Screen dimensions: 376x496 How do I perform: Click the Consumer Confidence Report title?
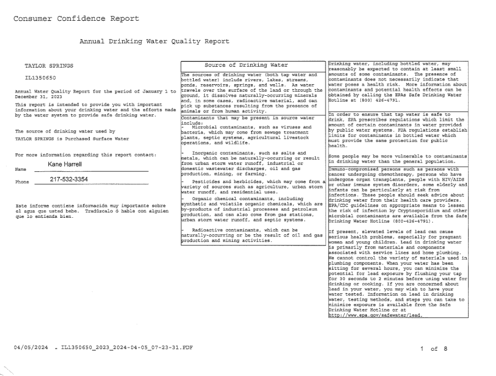coord(76,19)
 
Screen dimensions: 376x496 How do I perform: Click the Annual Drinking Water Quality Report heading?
coord(154,41)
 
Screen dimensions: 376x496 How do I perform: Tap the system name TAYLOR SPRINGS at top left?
coord(49,66)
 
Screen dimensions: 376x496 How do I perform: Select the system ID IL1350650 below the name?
coord(40,78)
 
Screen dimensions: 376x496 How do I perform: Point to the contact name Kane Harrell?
coord(65,164)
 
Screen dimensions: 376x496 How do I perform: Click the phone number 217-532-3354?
coord(69,179)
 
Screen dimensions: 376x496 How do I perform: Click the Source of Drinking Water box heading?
coord(246,65)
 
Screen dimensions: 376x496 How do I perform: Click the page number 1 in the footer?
coord(422,348)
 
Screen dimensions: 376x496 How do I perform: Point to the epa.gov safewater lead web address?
coord(375,316)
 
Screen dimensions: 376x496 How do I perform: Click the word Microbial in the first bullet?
coord(206,127)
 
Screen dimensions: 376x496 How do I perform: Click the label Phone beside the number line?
coord(22,182)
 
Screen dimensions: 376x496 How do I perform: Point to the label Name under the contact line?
coord(21,170)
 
